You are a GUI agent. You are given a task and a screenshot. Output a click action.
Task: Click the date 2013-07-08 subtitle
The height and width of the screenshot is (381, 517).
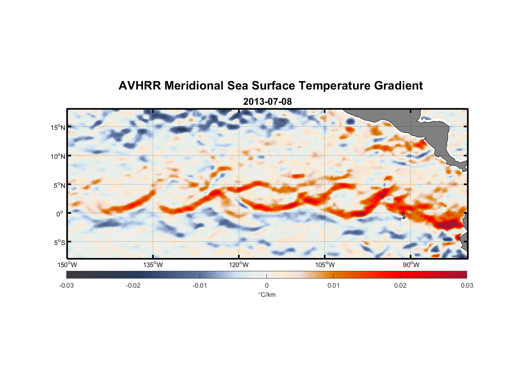267,102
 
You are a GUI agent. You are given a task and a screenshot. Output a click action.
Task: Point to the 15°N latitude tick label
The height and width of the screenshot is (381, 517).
58,127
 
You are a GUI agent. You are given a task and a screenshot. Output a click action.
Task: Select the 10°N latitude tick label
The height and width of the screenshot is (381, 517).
58,156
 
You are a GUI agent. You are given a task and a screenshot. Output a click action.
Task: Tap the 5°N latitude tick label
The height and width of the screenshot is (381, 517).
59,185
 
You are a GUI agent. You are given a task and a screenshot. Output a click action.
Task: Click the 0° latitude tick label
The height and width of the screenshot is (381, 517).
60,214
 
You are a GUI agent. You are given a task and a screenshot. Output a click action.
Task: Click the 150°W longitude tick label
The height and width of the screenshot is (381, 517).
67,265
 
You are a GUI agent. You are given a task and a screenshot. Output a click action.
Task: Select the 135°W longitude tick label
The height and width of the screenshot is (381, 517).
153,265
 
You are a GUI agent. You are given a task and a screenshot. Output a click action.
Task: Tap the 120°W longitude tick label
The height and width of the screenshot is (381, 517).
239,265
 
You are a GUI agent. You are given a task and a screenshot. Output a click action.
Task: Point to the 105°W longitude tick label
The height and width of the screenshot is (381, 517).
325,265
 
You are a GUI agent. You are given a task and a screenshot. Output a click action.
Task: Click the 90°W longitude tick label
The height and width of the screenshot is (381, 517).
411,265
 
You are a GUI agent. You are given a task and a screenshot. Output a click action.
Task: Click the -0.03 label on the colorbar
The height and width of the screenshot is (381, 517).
66,285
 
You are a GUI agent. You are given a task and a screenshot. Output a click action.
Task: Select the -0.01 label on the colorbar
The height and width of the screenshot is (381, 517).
200,285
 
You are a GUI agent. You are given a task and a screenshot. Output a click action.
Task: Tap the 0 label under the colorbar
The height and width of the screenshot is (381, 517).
267,285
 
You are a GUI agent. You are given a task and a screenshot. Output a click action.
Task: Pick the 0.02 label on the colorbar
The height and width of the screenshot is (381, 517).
400,285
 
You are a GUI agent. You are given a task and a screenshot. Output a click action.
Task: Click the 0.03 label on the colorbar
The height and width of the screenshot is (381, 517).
467,285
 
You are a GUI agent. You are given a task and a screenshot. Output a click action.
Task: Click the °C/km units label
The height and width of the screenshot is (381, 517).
267,295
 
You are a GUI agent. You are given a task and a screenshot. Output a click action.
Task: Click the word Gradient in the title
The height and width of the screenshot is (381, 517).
398,86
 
